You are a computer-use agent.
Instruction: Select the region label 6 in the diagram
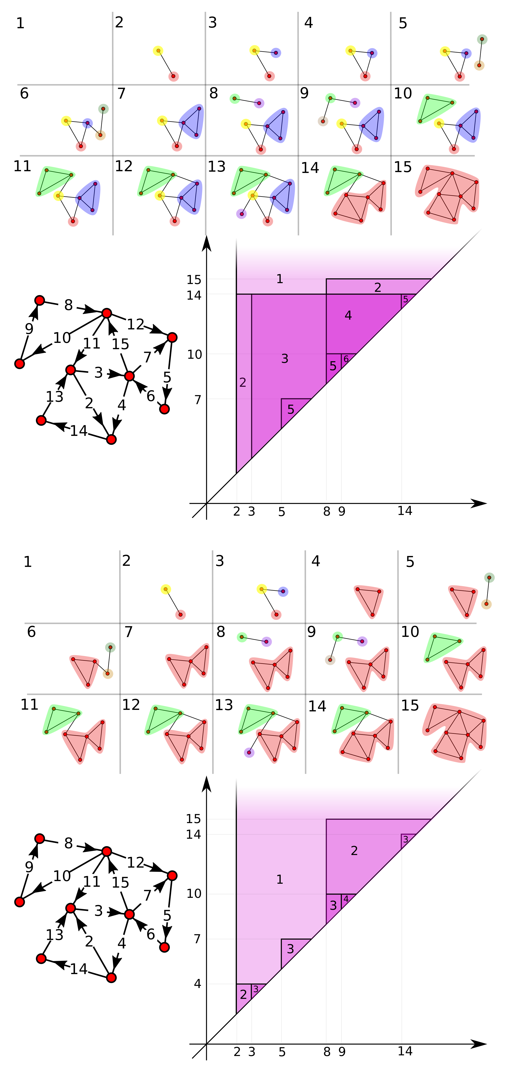click(x=346, y=359)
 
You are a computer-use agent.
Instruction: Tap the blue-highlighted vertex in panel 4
click(x=372, y=53)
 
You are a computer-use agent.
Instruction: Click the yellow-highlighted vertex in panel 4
click(x=350, y=50)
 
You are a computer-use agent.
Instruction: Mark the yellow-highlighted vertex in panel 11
click(x=58, y=195)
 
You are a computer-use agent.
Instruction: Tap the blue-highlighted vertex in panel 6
click(x=87, y=123)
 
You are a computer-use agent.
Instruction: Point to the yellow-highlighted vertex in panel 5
click(x=445, y=51)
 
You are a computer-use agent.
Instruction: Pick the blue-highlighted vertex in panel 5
click(x=466, y=53)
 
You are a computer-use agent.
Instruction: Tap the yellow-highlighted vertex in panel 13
click(x=252, y=195)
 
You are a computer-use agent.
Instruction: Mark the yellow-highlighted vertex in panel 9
click(x=341, y=123)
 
